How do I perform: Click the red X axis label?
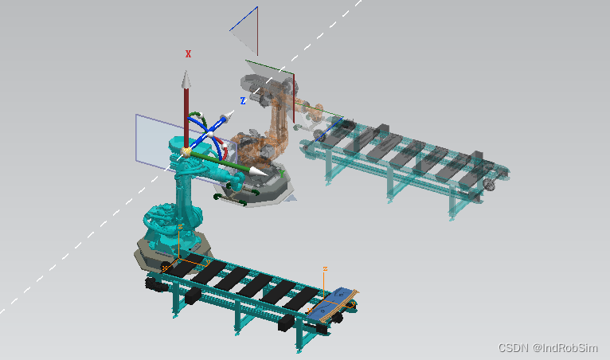tap(188, 53)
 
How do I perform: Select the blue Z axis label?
tap(243, 101)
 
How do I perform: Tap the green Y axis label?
tap(282, 174)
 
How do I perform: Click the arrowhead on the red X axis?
tap(186, 79)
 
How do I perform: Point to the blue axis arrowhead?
tap(227, 116)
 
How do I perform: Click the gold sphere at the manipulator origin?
tap(186, 152)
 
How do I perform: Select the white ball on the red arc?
tap(224, 147)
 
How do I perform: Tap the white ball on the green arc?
tap(201, 115)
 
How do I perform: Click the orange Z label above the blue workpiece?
tap(325, 268)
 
